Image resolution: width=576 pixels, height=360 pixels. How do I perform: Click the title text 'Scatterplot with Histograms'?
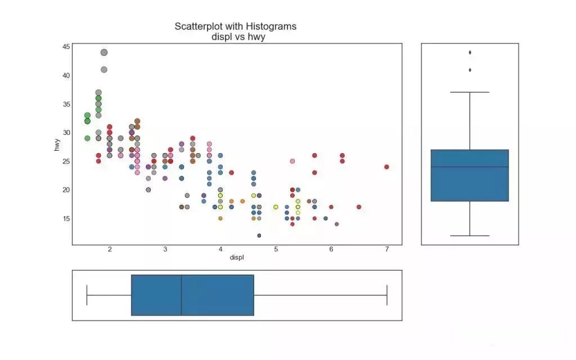point(235,26)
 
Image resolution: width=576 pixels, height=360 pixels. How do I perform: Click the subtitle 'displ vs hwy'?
point(235,37)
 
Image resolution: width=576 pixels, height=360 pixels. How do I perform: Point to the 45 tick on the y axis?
point(66,47)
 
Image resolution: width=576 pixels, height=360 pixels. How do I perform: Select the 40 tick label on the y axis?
point(66,75)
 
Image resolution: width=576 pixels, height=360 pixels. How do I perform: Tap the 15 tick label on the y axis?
point(66,218)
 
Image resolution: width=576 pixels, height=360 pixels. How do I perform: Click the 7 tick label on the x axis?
point(387,249)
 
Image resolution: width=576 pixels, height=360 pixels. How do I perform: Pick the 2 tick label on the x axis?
point(110,249)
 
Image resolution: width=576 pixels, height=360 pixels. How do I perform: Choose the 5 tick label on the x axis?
point(276,249)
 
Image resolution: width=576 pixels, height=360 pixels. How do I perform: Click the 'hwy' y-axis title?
point(57,145)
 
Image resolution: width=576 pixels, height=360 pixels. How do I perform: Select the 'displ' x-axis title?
point(237,258)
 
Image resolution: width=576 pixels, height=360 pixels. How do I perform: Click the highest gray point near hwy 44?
point(104,52)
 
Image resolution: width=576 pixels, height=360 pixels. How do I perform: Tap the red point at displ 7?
point(387,166)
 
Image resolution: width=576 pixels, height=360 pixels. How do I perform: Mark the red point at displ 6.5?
point(359,207)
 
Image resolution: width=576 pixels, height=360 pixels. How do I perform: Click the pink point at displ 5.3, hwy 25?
point(292,161)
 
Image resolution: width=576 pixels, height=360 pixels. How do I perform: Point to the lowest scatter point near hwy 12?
point(259,236)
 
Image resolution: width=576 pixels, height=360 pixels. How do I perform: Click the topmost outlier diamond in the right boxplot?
point(470,52)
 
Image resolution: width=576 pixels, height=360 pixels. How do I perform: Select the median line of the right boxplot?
point(470,167)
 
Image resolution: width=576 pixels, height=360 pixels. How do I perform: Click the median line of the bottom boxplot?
point(181,295)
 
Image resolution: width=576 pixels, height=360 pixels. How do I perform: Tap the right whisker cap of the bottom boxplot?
point(387,295)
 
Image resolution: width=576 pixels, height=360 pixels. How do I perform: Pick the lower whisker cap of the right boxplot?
point(470,236)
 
